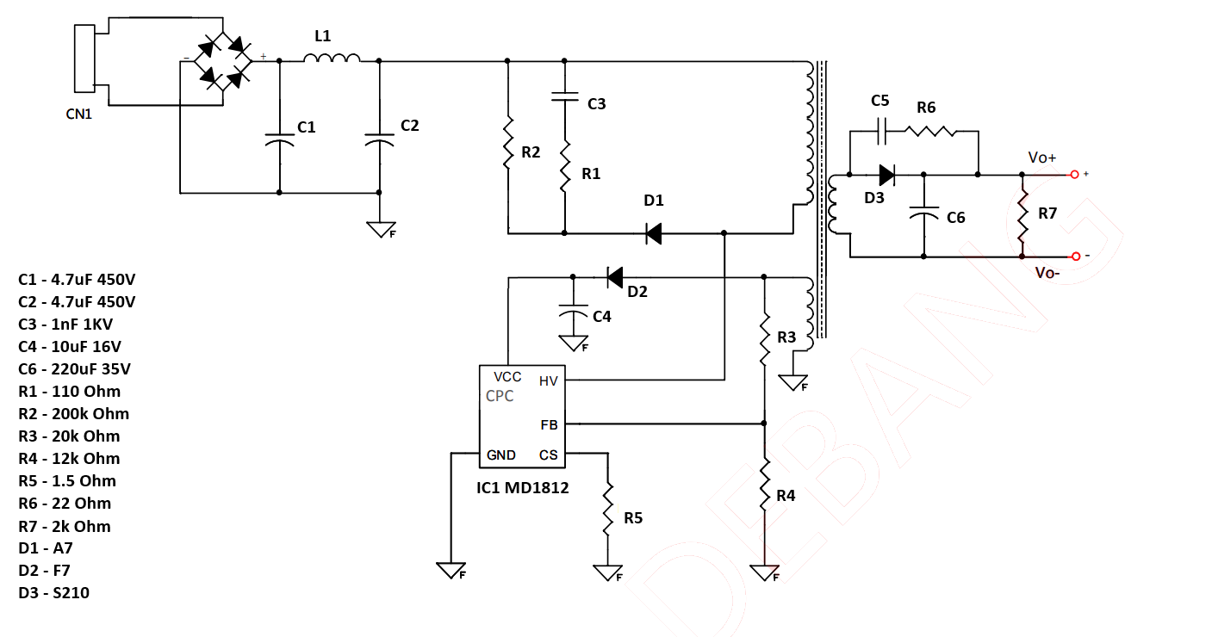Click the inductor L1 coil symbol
[332, 58]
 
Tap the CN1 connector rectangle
[84, 59]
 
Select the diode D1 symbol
[654, 233]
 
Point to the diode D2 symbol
[615, 277]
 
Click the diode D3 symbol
[886, 175]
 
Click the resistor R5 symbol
[607, 509]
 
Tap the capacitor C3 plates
[564, 96]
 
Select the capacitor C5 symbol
[881, 131]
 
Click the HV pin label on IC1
[548, 381]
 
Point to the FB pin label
[549, 425]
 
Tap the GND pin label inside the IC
[501, 455]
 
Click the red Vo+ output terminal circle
[1074, 174]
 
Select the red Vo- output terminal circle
[1076, 257]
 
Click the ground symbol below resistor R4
[765, 572]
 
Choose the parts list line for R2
[73, 414]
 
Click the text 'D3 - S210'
[53, 592]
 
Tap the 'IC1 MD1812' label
[522, 488]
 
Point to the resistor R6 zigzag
[930, 131]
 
